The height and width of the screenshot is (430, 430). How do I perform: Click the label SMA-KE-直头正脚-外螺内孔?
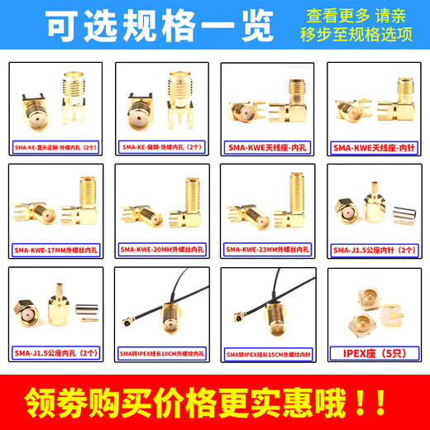click(55, 148)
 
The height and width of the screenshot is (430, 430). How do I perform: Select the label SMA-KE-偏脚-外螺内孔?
click(162, 148)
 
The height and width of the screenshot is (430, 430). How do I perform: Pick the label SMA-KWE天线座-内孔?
click(269, 148)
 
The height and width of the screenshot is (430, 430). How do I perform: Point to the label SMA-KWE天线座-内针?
click(375, 148)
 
